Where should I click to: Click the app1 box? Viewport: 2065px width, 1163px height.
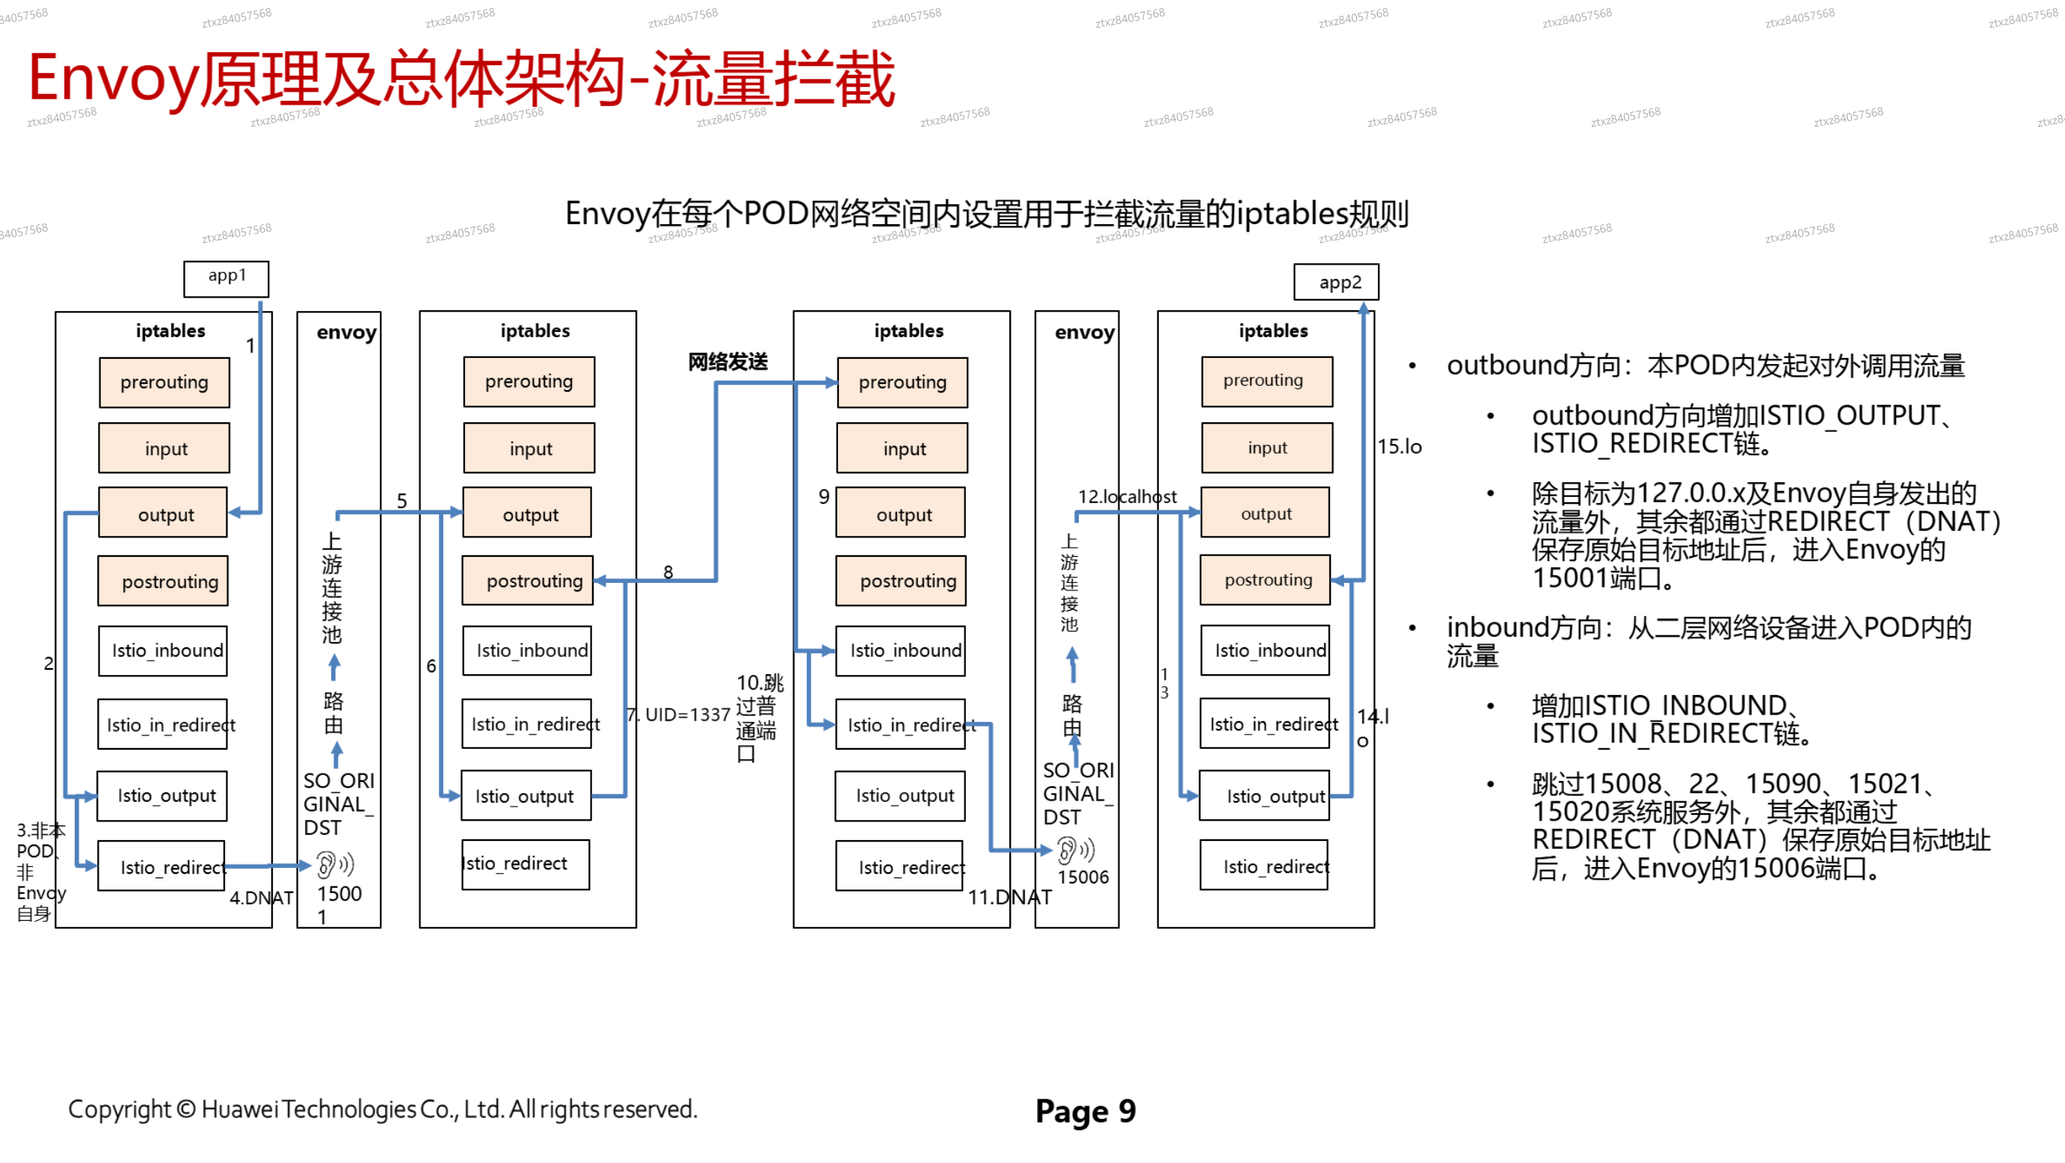[226, 278]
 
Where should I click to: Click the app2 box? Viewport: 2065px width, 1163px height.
[1335, 282]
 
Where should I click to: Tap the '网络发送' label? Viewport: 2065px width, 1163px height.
[728, 362]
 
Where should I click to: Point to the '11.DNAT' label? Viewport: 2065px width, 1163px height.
[1009, 897]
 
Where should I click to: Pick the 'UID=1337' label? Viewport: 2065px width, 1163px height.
[687, 714]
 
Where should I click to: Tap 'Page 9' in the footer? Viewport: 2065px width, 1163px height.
[1086, 1111]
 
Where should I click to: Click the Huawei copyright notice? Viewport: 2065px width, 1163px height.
[382, 1109]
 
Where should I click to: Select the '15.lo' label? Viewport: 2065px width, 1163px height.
[1399, 446]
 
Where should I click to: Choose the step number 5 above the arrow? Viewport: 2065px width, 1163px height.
[401, 501]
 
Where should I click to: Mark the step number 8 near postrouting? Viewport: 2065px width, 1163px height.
[668, 572]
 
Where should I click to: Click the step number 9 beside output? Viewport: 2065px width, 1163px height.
[823, 497]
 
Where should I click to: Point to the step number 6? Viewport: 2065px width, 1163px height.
[431, 666]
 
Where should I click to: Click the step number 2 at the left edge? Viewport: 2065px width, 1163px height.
[48, 664]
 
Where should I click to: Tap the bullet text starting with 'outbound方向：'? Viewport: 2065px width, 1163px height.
[1705, 365]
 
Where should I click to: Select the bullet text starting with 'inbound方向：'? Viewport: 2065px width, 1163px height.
[1708, 641]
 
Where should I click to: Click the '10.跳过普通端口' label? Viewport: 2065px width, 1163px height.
[757, 718]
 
